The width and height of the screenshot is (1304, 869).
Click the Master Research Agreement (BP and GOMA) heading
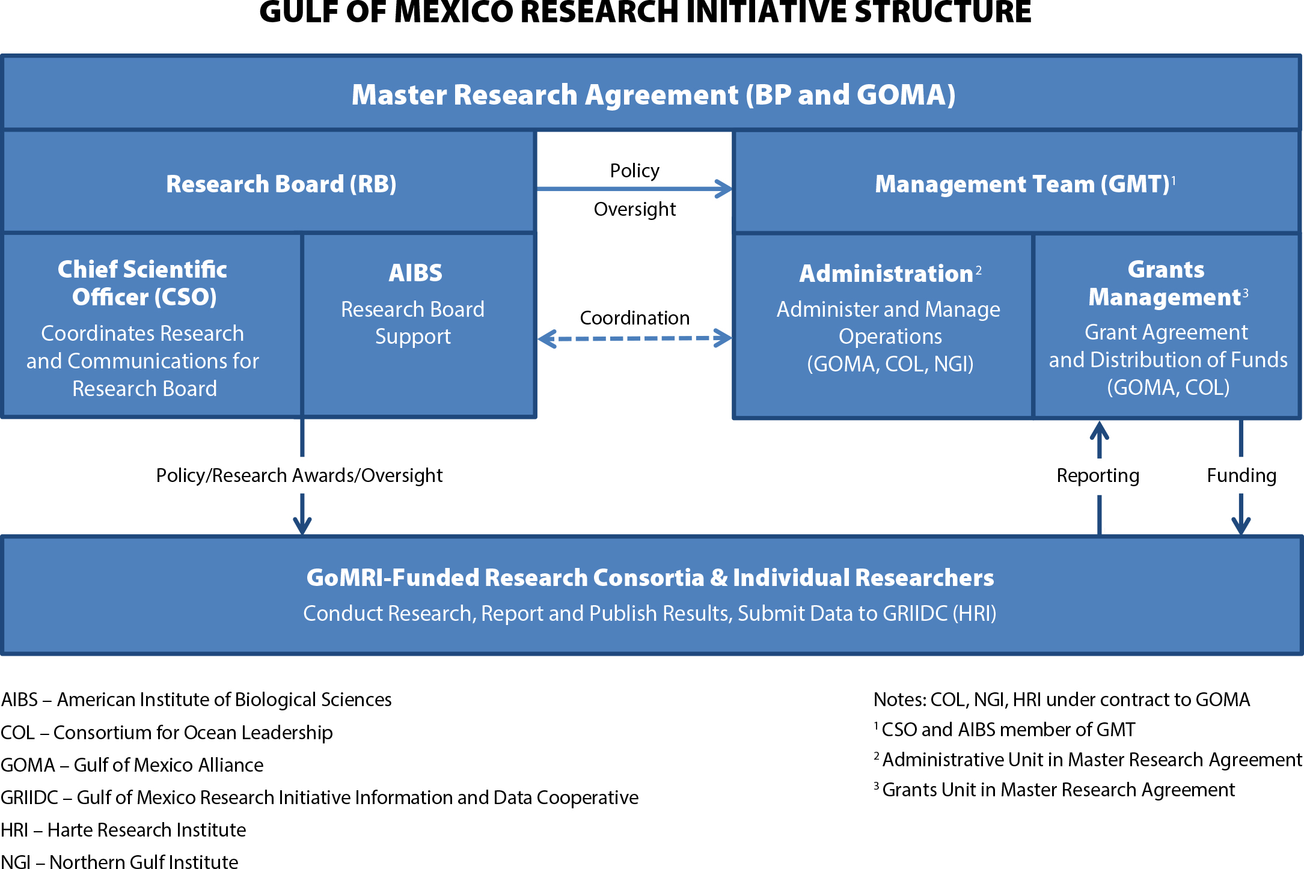(x=654, y=95)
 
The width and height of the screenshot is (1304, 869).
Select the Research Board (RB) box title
(x=281, y=184)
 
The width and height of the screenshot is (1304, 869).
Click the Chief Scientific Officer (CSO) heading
(x=142, y=283)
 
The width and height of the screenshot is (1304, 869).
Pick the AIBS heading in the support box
(x=415, y=273)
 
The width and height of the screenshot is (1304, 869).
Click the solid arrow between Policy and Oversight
(x=634, y=189)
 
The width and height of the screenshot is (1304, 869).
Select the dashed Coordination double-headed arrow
(x=634, y=338)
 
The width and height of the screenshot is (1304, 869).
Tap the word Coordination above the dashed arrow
(x=635, y=317)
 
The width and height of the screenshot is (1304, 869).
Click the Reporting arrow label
(x=1098, y=475)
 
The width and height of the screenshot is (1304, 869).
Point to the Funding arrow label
(x=1241, y=475)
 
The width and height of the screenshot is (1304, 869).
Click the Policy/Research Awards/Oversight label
(x=299, y=475)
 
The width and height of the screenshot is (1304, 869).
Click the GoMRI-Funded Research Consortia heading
(x=650, y=578)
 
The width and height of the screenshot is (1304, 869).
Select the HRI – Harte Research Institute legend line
(x=123, y=830)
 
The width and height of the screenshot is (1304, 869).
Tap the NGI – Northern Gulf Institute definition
(x=120, y=862)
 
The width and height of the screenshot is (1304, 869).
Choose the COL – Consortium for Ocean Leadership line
(x=167, y=733)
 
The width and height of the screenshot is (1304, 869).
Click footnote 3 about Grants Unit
(x=1055, y=790)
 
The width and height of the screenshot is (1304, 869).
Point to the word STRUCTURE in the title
(x=943, y=12)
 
